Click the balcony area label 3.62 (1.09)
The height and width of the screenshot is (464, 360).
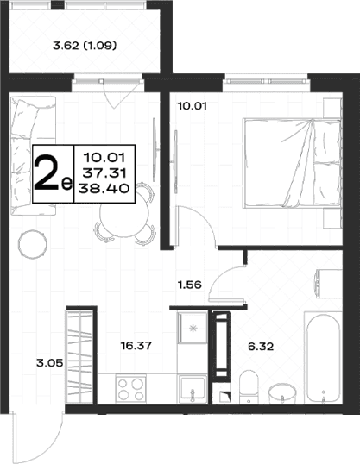point(85,46)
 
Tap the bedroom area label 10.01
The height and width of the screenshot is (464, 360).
point(192,105)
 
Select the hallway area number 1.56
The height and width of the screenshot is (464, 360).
point(189,285)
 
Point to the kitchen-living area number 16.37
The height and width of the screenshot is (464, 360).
point(136,345)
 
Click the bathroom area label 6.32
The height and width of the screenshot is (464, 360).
point(261,346)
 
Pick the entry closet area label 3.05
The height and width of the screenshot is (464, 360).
point(50,362)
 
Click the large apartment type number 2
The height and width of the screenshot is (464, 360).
point(46,173)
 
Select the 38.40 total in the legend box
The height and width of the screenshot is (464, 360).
point(104,188)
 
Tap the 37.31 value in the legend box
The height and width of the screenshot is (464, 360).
point(104,172)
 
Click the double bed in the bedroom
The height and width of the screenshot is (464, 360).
point(292,163)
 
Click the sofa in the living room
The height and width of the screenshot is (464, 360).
point(33,155)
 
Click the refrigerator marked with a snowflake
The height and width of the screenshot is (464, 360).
point(193,327)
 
